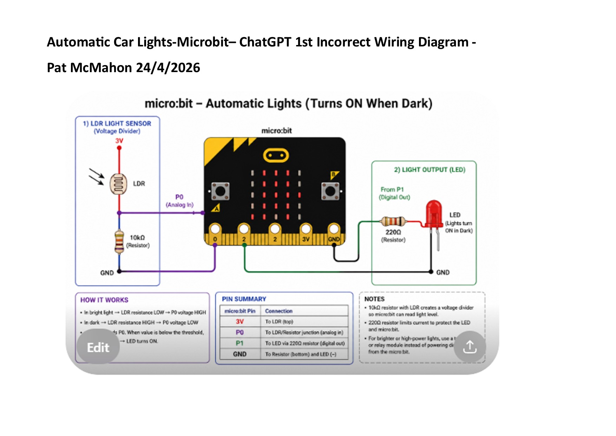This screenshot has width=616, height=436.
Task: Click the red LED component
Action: (x=434, y=213)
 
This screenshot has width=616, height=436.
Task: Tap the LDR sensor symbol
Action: (x=118, y=184)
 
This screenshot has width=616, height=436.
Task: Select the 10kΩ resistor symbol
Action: (x=119, y=242)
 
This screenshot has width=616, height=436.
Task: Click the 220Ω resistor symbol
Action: (x=393, y=222)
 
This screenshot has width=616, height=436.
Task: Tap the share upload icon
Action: (x=470, y=347)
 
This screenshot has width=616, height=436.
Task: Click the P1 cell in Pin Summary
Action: (x=240, y=343)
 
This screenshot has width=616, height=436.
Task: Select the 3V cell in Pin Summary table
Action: (x=240, y=321)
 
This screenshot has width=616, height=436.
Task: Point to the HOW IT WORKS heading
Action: (x=104, y=300)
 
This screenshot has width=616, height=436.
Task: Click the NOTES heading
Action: (x=374, y=299)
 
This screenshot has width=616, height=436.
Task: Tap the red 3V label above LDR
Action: (x=119, y=141)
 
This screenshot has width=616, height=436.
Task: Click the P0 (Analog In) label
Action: (x=179, y=201)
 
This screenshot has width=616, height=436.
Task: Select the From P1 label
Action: (x=392, y=189)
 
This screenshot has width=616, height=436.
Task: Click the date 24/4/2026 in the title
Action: (x=168, y=68)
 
